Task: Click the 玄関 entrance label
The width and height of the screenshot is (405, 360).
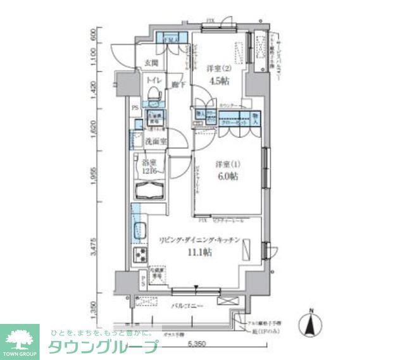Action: point(151,63)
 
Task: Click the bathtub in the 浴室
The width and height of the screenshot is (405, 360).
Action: point(149,191)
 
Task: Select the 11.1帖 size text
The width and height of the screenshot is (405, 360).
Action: point(199,252)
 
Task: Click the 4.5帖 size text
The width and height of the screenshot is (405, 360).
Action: point(217,80)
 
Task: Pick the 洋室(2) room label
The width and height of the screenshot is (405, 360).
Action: point(217,69)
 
